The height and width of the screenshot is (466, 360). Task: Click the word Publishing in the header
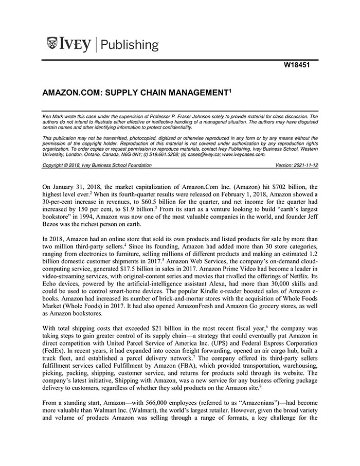click(130, 45)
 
